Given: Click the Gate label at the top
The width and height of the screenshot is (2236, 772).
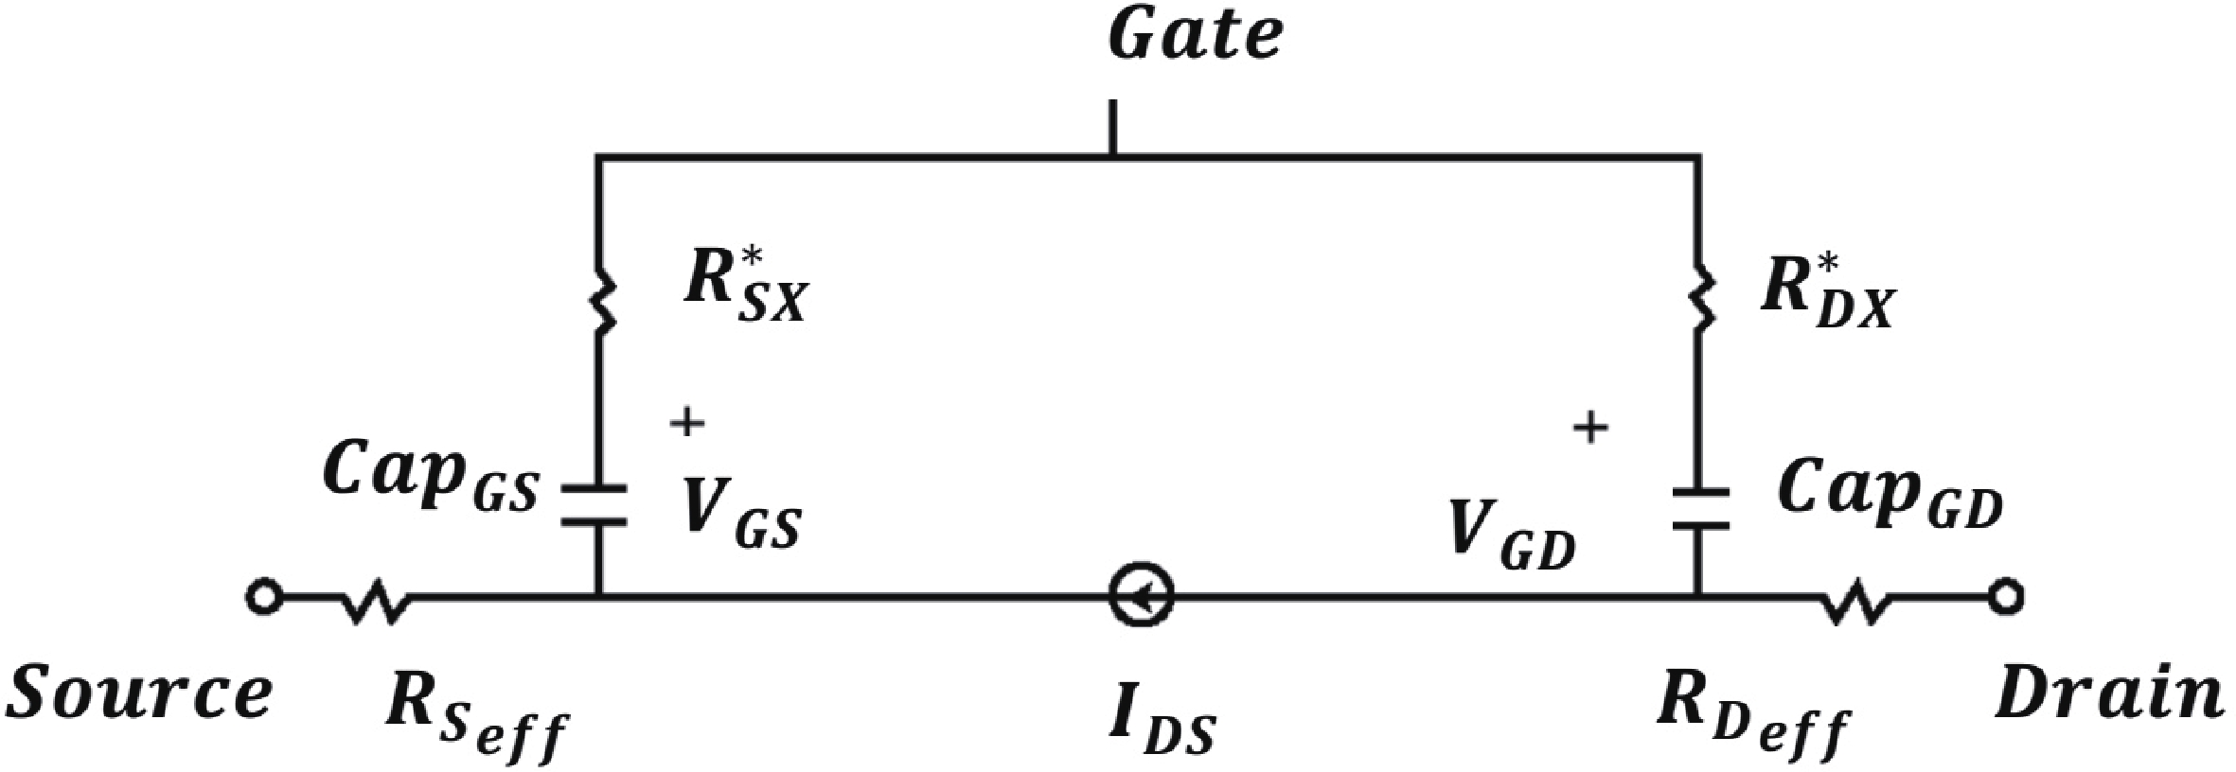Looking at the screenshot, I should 1197,38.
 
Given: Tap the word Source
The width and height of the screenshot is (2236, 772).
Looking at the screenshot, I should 139,695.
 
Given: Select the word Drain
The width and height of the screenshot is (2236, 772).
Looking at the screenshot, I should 2110,695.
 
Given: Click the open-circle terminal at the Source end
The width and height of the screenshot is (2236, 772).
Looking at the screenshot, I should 264,598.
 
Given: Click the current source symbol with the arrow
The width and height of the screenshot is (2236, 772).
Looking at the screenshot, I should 1141,598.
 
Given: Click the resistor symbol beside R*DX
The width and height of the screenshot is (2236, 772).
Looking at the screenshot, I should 1698,298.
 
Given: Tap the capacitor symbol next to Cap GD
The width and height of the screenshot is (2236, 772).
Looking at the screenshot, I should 1698,509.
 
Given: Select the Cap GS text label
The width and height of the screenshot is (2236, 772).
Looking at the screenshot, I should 431,479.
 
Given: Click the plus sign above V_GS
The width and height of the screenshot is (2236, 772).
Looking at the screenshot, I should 686,423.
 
